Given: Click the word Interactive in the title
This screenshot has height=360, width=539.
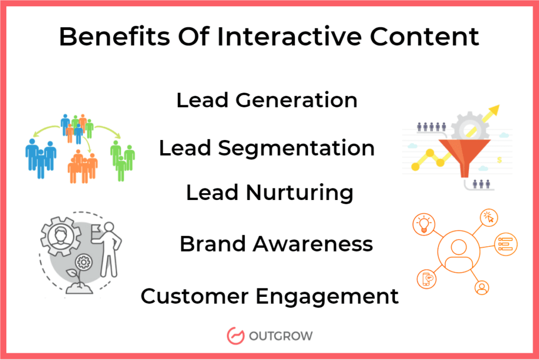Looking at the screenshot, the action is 289,36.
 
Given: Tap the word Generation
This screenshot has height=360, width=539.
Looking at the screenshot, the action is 297,100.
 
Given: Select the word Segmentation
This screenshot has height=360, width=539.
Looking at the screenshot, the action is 296,148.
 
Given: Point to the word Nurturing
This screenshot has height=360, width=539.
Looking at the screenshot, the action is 300,193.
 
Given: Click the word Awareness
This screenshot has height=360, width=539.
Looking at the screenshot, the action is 313,244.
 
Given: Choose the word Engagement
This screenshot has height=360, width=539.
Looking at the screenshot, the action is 327,296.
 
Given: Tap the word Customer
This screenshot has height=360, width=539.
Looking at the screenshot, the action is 194,296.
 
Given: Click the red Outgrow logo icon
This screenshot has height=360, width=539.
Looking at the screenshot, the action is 235,336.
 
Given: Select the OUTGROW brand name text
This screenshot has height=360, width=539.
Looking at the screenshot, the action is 281,336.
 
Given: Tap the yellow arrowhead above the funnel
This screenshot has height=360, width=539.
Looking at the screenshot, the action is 494,111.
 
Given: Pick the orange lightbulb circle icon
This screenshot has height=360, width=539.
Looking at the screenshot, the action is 424,224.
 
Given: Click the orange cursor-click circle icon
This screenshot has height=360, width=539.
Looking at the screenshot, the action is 488,218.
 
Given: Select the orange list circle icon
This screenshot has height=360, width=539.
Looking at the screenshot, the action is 505,244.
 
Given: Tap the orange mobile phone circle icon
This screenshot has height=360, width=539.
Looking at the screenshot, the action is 426,278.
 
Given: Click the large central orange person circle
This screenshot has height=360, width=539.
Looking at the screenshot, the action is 458,252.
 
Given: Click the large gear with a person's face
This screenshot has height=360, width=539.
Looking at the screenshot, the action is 61,236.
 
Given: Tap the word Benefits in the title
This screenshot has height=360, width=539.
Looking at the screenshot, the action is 114,36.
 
